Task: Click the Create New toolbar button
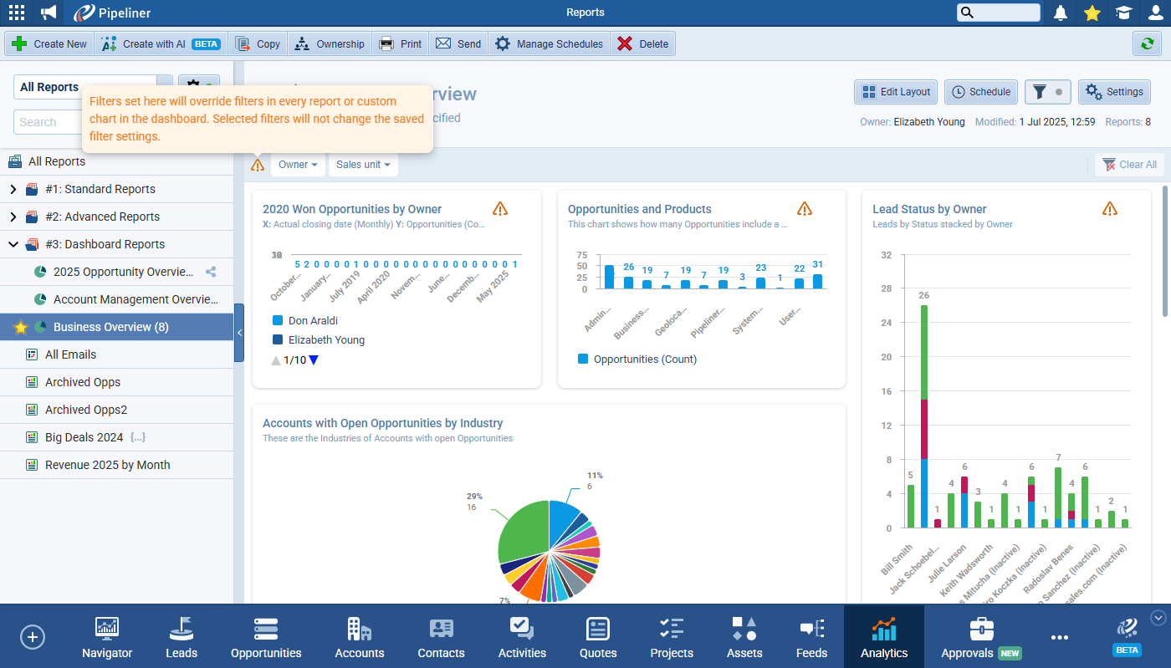[x=49, y=44]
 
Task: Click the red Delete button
[x=642, y=44]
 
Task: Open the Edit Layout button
[x=895, y=92]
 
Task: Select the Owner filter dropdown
[x=299, y=165]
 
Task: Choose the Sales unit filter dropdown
[x=363, y=165]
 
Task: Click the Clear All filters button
[x=1129, y=165]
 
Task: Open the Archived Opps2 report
[x=85, y=410]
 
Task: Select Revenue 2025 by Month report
[x=107, y=465]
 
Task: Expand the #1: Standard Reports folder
[x=13, y=189]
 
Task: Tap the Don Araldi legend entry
[x=313, y=320]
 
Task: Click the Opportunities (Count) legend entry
[x=644, y=359]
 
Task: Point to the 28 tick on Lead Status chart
[x=887, y=288]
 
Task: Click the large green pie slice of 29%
[x=521, y=535]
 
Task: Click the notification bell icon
[x=1061, y=13]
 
